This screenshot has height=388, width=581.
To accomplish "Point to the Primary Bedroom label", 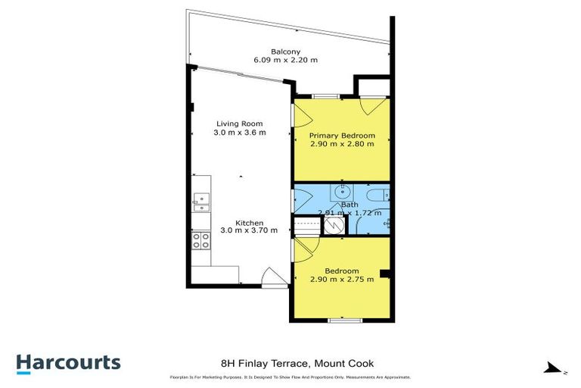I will point(342,135).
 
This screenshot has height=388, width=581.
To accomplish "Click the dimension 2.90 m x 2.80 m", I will point(342,144).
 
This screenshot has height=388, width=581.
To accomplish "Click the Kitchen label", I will point(249,222).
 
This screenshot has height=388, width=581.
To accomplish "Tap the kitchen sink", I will point(200,200).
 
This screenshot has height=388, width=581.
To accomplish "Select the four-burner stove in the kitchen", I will point(201,240).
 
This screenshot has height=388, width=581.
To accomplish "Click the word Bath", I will point(349,205).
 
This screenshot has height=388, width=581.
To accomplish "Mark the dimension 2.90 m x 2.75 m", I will point(342,280).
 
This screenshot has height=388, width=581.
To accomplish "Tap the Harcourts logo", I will point(68,362).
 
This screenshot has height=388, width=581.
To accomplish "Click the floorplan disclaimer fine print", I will point(290,377).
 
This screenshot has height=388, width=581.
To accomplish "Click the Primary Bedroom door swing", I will point(301,116).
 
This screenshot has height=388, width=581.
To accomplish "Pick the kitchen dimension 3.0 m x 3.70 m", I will point(249,230).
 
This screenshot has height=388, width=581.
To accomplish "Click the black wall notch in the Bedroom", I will point(386,274).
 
